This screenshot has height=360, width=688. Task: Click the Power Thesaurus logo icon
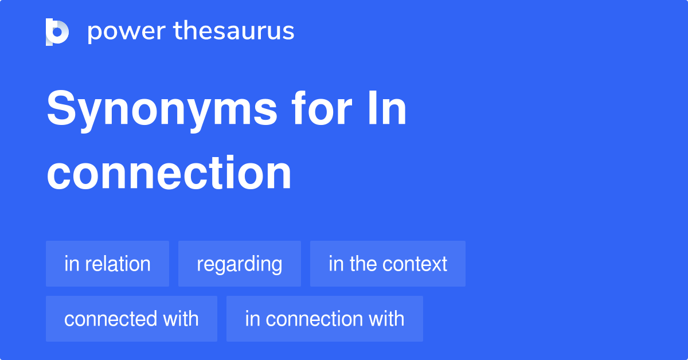click(x=57, y=32)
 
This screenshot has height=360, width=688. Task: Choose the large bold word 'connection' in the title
click(x=169, y=173)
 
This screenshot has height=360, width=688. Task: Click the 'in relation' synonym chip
click(x=107, y=264)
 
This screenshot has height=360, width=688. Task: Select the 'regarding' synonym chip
click(x=240, y=264)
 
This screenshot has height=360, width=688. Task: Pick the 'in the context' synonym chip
click(x=388, y=264)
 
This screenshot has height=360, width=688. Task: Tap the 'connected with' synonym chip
click(x=131, y=319)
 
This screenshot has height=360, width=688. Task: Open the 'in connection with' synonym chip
click(x=325, y=319)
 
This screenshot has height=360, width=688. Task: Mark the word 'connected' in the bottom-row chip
click(x=112, y=319)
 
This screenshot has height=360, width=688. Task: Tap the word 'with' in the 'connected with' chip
click(x=181, y=319)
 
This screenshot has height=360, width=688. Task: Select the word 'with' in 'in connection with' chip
click(x=386, y=319)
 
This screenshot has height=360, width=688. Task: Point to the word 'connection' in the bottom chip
click(x=314, y=319)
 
